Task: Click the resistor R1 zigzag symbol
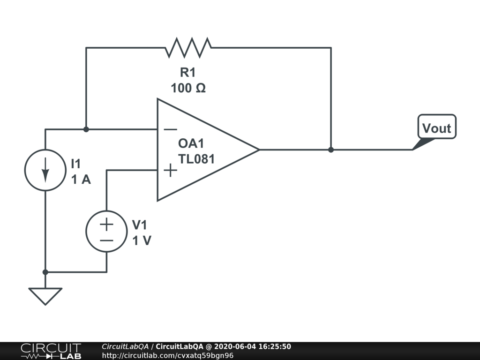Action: [188, 47]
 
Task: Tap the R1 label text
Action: [187, 73]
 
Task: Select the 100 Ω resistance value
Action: [188, 88]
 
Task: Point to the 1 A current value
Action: [81, 180]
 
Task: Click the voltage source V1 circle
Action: [106, 232]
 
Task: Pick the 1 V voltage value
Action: [142, 240]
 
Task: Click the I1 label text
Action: [76, 164]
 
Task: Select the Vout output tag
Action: [436, 128]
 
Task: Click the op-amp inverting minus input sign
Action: [170, 129]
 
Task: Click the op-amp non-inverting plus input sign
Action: [170, 170]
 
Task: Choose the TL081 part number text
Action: [196, 158]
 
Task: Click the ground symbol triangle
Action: [45, 295]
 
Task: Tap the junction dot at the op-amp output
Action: [331, 150]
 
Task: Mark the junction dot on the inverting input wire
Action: [86, 129]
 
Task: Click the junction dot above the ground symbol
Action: [45, 272]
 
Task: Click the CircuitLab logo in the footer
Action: [51, 351]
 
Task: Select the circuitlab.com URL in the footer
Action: [167, 355]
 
